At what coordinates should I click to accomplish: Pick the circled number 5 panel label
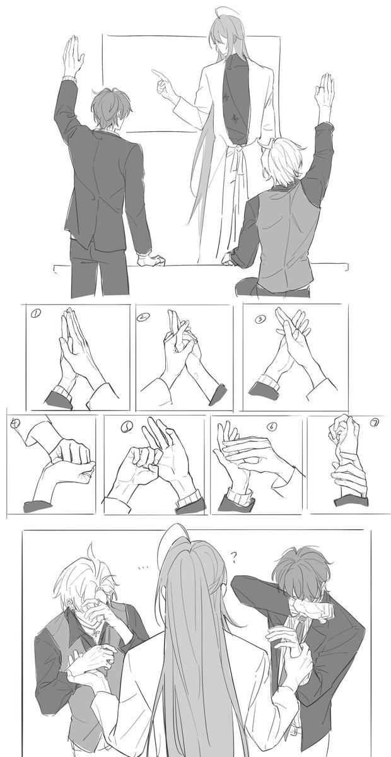[x=125, y=427]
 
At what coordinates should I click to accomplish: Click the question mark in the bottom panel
[x=234, y=556]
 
